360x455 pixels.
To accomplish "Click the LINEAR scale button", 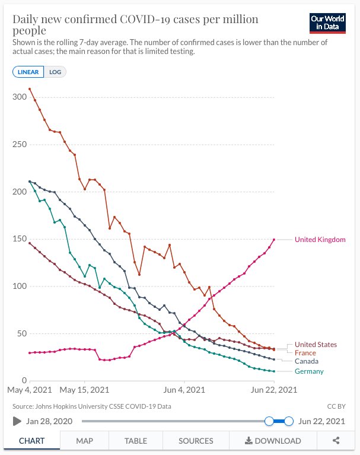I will pos(28,72).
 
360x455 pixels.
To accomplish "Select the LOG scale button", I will pos(58,72).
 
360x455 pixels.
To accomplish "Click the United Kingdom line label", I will pos(320,240).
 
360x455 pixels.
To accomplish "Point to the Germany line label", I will pos(310,371).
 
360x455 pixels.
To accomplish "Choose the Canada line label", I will pos(307,361).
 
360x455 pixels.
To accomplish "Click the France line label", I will pos(305,353).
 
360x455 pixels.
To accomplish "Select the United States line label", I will pos(316,345).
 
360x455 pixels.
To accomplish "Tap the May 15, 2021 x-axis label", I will pos(85,390).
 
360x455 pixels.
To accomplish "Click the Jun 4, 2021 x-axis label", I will pos(184,390).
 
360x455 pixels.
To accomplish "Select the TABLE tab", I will pos(136,441).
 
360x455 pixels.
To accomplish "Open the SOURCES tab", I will pos(196,441).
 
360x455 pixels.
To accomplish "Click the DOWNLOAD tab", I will pos(273,441).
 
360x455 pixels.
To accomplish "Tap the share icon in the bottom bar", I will pos(336,441).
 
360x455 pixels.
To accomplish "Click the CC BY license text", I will pos(336,406).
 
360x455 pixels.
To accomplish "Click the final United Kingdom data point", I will pos(274,240).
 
